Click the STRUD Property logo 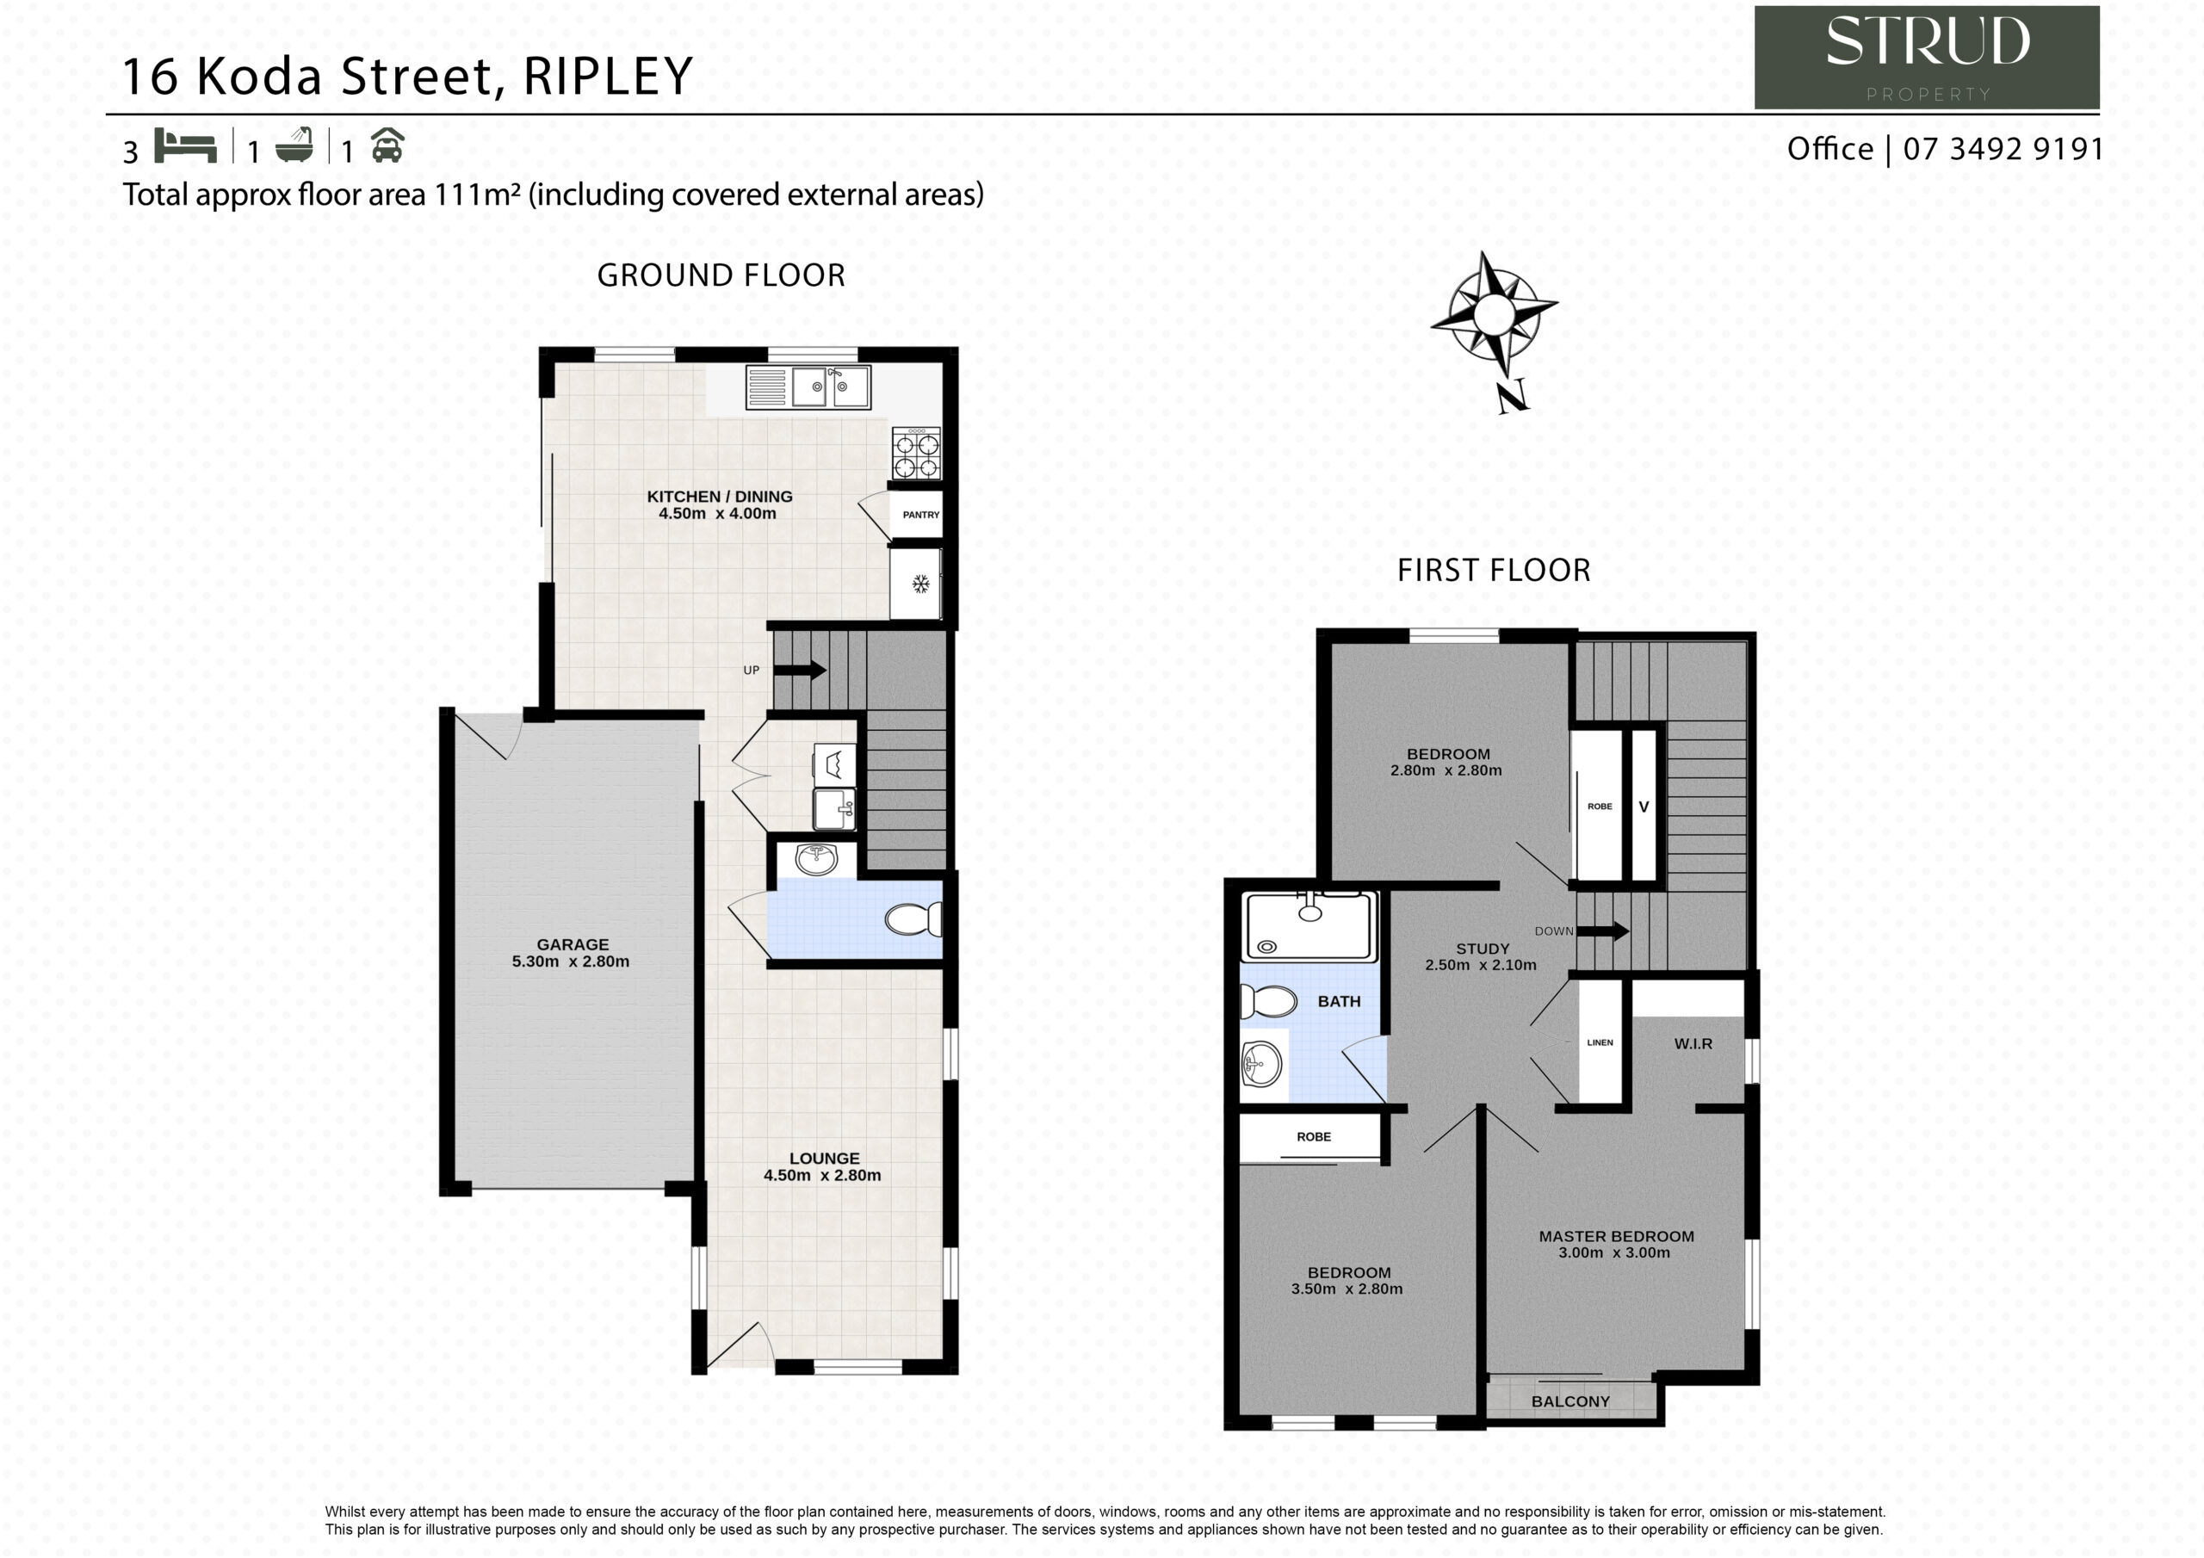(x=1927, y=57)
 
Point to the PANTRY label (x=920, y=515)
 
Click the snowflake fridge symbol (x=919, y=583)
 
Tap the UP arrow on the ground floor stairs (x=800, y=670)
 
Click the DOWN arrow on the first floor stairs (x=1603, y=930)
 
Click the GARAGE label (x=573, y=944)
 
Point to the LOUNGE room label (x=825, y=1159)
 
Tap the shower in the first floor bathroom (x=1309, y=926)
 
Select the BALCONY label (x=1570, y=1401)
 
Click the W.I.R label (x=1693, y=1043)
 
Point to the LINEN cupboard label (x=1600, y=1042)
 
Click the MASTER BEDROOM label (x=1617, y=1236)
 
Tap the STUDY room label (x=1483, y=949)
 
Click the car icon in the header (x=387, y=146)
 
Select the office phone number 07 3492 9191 (x=2003, y=149)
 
